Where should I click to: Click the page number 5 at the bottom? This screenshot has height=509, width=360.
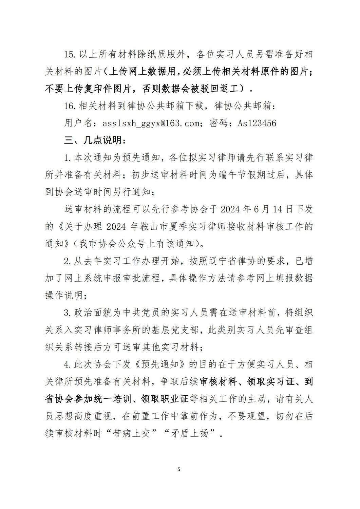[x=179, y=469]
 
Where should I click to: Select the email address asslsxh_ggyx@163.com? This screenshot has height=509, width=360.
[x=148, y=123]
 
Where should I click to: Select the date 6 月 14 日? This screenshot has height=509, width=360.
[x=267, y=209]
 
